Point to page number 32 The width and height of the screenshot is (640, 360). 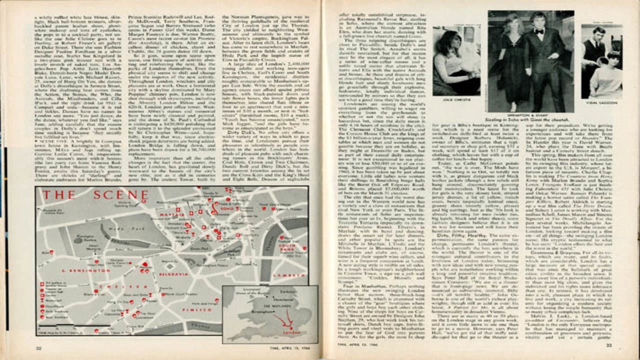(x=38, y=348)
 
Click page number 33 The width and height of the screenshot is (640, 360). (x=609, y=344)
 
